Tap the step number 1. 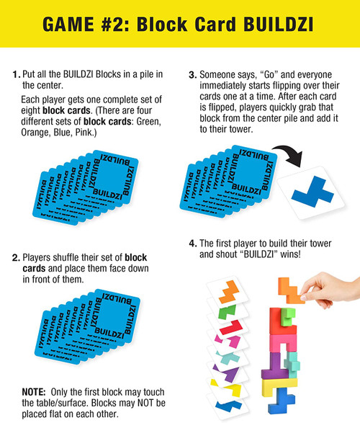point(15,75)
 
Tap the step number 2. point(15,257)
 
